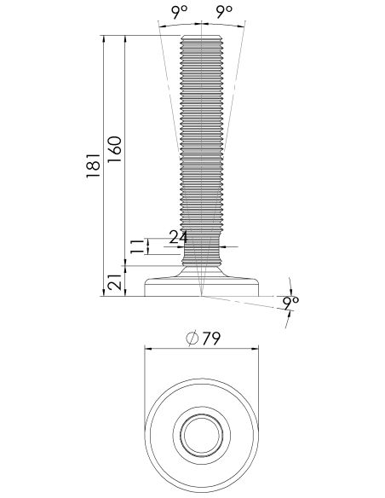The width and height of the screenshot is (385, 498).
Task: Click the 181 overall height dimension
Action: (x=94, y=165)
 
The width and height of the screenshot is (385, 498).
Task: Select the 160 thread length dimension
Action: (x=114, y=149)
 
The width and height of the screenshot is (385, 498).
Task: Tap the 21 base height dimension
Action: (x=115, y=281)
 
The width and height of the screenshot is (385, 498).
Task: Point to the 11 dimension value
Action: (x=137, y=246)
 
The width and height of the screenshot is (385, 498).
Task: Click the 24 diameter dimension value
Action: (x=178, y=237)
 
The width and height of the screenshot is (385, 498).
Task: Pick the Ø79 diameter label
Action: (x=203, y=339)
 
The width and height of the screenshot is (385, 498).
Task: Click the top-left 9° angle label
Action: (x=180, y=12)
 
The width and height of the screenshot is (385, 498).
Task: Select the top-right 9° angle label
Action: (x=224, y=12)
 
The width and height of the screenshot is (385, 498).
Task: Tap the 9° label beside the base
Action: (x=290, y=304)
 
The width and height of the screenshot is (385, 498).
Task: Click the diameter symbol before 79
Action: (x=192, y=339)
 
